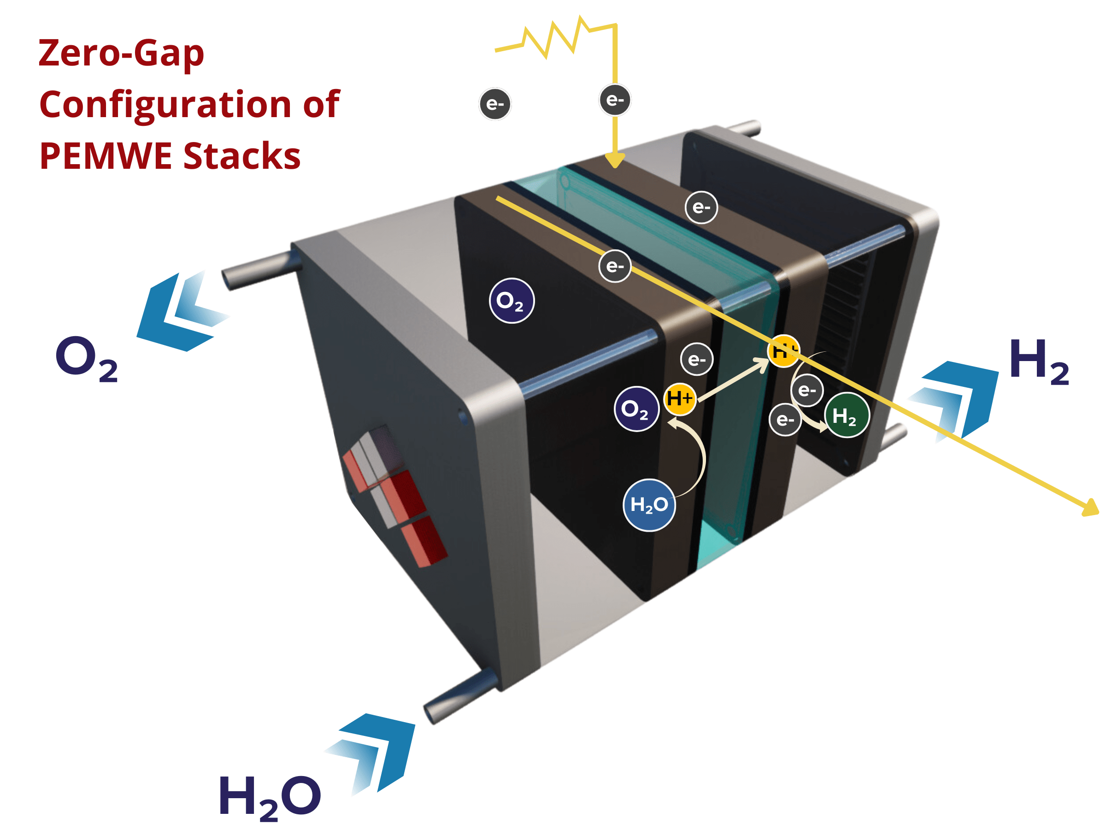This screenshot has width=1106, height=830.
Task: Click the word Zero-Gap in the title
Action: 122,54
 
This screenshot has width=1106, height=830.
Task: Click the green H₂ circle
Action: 847,415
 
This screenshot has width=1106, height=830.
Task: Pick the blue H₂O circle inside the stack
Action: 649,505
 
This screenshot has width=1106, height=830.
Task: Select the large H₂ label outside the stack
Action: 1039,362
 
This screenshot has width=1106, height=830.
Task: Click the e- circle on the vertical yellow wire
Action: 615,100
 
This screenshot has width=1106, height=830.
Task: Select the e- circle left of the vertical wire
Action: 495,104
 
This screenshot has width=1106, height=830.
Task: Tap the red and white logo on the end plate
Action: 395,495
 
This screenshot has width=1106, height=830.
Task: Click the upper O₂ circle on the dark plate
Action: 512,301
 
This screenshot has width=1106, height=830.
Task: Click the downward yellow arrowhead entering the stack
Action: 615,161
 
